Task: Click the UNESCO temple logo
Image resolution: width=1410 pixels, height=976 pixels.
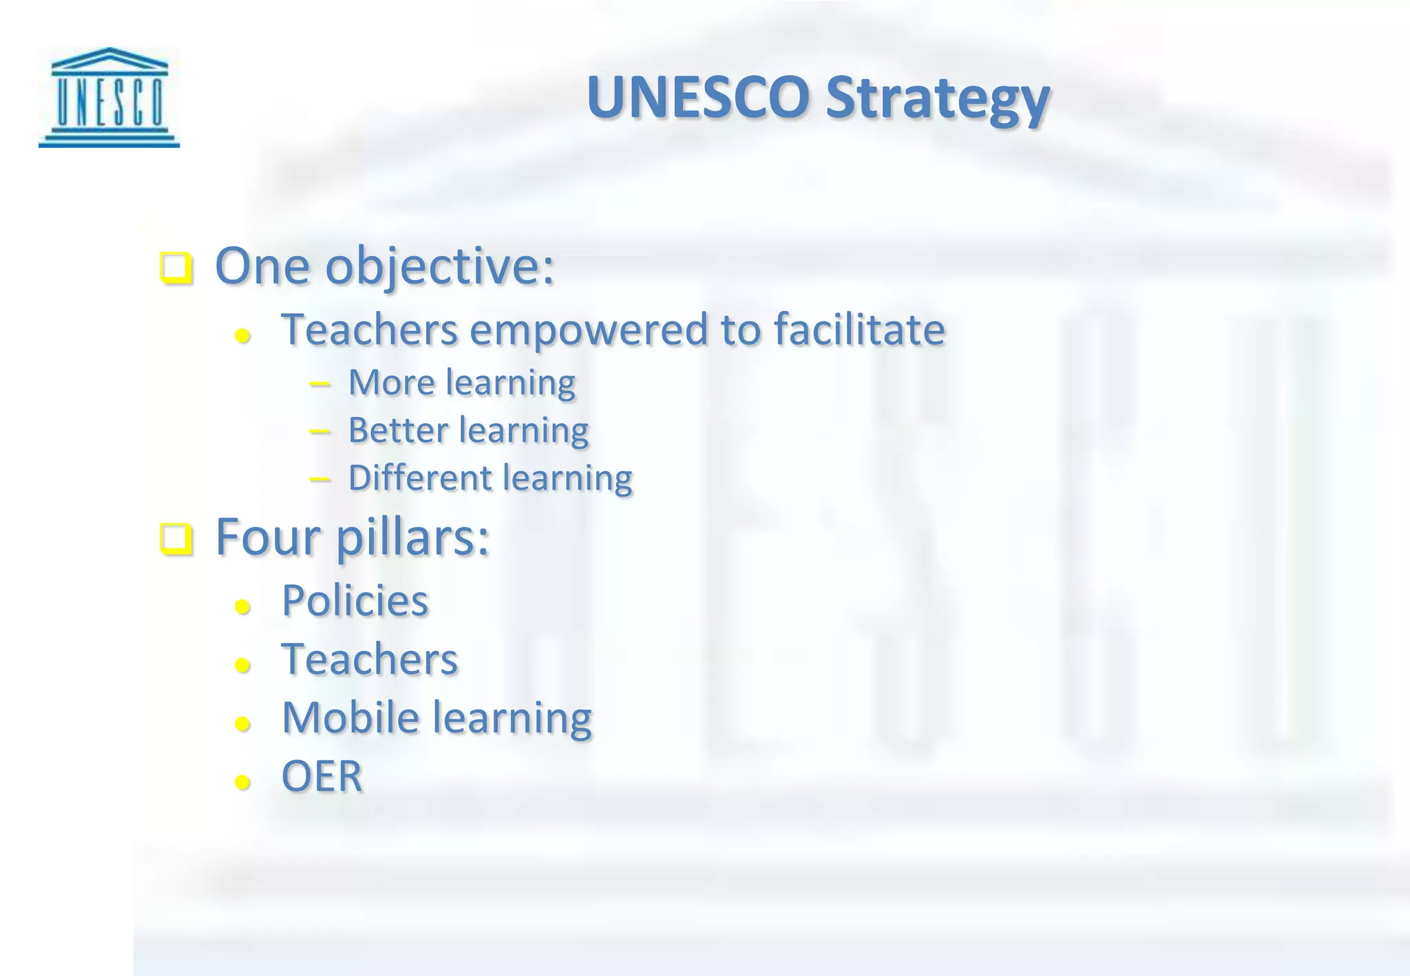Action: (x=109, y=97)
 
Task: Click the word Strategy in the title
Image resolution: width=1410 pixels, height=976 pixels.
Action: (x=937, y=98)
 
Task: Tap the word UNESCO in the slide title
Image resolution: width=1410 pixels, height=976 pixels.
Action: (x=697, y=97)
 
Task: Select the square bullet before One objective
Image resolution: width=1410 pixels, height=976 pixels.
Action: (x=176, y=268)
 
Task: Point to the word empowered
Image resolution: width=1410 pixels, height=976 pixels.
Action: (x=589, y=330)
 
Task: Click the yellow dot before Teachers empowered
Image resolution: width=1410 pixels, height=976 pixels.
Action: (x=242, y=336)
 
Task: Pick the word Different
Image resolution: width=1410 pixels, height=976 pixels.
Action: (x=421, y=478)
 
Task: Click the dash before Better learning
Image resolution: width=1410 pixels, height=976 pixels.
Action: (x=319, y=432)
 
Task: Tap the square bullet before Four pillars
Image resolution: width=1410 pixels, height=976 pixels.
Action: (x=176, y=540)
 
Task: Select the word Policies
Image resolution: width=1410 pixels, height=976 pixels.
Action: (x=355, y=601)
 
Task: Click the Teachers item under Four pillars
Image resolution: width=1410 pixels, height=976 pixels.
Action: (x=369, y=659)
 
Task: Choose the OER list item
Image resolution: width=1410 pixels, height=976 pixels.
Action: (x=322, y=776)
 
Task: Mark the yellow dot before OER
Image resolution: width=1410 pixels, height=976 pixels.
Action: (x=242, y=782)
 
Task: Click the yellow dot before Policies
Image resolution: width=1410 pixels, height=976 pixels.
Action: (x=242, y=606)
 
